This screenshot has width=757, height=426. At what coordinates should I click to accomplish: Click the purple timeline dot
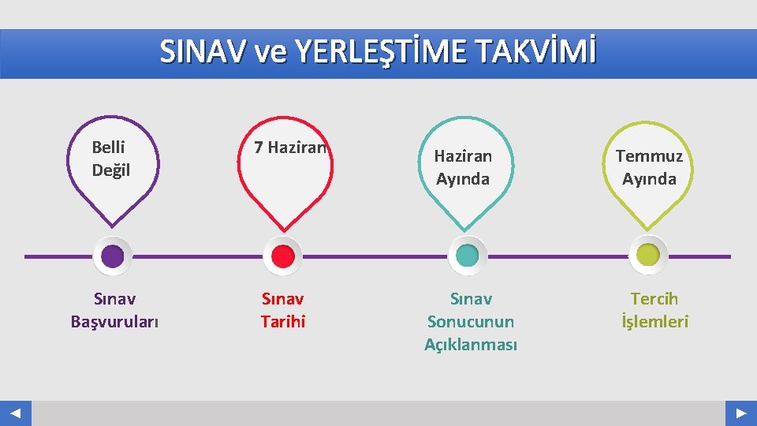pyautogui.click(x=114, y=256)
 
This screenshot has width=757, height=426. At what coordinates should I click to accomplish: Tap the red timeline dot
pyautogui.click(x=282, y=256)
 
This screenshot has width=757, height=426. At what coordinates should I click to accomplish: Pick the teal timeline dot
pyautogui.click(x=468, y=256)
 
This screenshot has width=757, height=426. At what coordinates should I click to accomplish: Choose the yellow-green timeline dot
pyautogui.click(x=648, y=256)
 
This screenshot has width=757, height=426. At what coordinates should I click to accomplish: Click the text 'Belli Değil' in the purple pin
pyautogui.click(x=111, y=159)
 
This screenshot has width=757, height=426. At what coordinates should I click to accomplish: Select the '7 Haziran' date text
pyautogui.click(x=289, y=147)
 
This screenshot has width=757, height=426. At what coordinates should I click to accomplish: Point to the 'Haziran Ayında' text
pyautogui.click(x=463, y=167)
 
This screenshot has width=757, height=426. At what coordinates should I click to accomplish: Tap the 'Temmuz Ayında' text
pyautogui.click(x=649, y=167)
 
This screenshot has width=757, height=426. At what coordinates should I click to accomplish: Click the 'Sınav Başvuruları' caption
pyautogui.click(x=114, y=310)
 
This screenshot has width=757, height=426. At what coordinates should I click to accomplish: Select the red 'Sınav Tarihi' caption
pyautogui.click(x=282, y=310)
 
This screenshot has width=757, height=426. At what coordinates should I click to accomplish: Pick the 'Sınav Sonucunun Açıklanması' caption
pyautogui.click(x=471, y=322)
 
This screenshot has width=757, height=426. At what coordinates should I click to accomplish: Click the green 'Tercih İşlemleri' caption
pyautogui.click(x=654, y=310)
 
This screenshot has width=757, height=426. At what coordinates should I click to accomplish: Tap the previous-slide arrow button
pyautogui.click(x=16, y=413)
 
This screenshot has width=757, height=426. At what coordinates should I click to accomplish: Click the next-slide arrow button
pyautogui.click(x=741, y=413)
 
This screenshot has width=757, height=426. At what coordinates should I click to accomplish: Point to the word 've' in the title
pyautogui.click(x=270, y=53)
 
